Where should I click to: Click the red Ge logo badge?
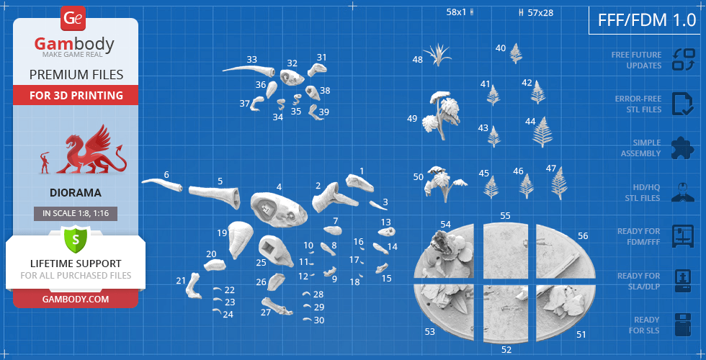point(73,19)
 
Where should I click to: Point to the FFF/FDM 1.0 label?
point(647,20)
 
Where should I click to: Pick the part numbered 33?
point(249,71)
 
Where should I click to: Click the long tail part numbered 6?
point(162,184)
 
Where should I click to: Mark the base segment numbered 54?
point(444,252)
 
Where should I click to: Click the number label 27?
point(266,312)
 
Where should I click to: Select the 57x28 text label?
point(540,13)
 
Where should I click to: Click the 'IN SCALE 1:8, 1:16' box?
point(76,214)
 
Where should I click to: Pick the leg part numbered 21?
point(194,286)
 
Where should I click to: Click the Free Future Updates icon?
point(683,60)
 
